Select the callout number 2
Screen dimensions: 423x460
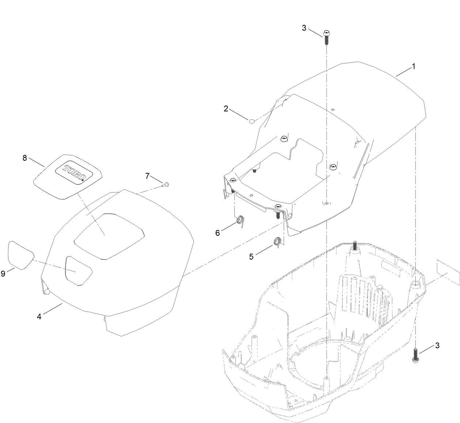226,108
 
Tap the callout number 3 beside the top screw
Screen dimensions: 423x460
304,28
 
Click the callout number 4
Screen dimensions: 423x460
39,316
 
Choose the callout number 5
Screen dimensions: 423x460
251,256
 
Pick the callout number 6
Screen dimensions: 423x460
218,233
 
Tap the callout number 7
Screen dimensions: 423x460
147,176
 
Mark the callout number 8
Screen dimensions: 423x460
25,158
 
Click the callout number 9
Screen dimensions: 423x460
3,273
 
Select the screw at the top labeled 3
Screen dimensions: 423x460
327,37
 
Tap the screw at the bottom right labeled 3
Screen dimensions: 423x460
416,354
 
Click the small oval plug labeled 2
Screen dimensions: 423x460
252,121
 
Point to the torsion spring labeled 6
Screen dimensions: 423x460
240,220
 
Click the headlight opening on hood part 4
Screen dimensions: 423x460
78,270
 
